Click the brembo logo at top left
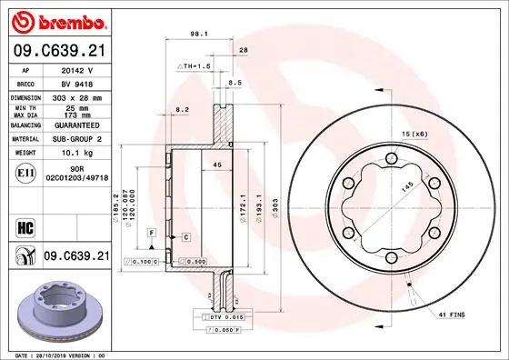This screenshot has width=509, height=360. point(59,20)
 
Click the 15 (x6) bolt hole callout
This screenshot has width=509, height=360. point(414,134)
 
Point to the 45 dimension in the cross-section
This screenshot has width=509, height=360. point(216,165)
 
